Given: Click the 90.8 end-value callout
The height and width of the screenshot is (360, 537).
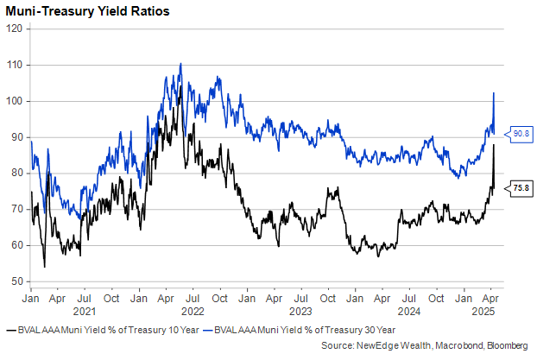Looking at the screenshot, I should (521, 134).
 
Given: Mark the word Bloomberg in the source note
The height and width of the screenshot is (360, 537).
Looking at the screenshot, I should (505, 345).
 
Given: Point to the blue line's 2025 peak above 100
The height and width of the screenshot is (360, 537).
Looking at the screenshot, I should (493, 92).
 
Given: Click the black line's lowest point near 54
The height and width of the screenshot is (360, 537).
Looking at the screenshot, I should (45, 267).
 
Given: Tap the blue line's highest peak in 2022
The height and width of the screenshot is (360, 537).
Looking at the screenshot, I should (180, 63).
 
